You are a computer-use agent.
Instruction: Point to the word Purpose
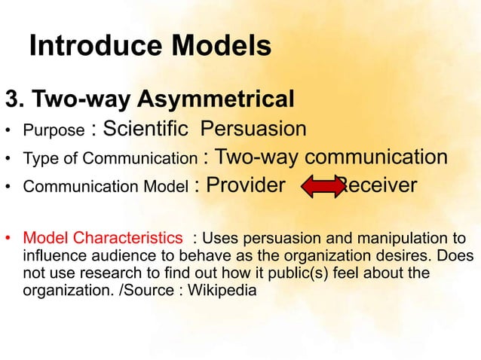(54, 131)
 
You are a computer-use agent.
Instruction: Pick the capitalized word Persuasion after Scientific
(253, 129)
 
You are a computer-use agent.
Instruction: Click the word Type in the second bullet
(38, 159)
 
